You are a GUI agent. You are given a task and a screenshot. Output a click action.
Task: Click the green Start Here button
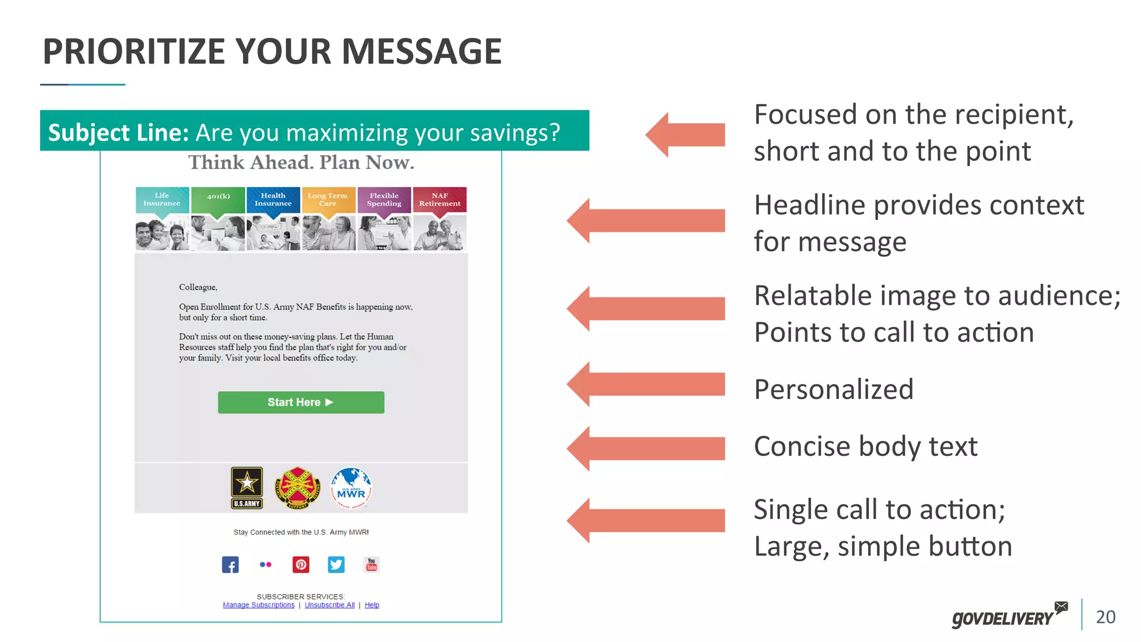point(301,402)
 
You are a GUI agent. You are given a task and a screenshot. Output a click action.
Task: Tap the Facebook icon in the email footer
point(230,565)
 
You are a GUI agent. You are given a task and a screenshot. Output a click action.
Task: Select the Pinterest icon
point(301,565)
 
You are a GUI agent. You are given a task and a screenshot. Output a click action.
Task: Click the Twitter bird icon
point(336,565)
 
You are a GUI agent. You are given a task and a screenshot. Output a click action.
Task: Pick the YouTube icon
point(371,565)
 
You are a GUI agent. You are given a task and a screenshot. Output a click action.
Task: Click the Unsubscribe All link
point(329,605)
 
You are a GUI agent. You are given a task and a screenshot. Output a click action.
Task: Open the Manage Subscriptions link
point(259,605)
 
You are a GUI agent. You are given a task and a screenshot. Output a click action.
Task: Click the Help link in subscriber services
point(372,605)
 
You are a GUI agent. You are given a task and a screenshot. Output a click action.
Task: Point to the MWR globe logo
point(351,488)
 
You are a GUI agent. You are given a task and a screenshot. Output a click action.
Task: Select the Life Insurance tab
point(162,200)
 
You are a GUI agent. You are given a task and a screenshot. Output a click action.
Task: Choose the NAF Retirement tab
point(440,200)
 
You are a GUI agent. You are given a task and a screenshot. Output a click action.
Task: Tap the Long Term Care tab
point(328,200)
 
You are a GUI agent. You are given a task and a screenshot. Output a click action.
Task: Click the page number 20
point(1105,617)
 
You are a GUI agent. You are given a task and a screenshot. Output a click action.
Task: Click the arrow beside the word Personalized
point(646,384)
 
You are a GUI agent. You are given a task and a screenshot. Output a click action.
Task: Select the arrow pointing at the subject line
point(685,134)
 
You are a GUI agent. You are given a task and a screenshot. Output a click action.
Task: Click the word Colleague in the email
point(198,287)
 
